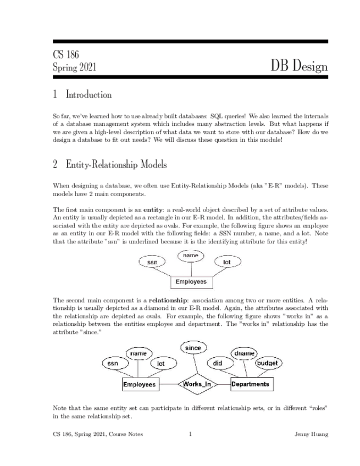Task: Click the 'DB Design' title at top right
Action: [x=299, y=66]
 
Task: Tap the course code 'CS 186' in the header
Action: [x=66, y=55]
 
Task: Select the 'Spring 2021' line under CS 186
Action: [x=75, y=68]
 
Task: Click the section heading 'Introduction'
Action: [x=88, y=95]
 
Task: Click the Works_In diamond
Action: [x=197, y=384]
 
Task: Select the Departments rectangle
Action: [x=251, y=384]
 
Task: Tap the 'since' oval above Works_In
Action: [x=193, y=348]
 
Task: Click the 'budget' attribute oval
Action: [x=269, y=363]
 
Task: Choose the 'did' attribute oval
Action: [x=217, y=363]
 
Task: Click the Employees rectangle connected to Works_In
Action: [x=140, y=385]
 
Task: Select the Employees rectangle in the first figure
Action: [x=191, y=282]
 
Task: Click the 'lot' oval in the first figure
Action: [x=226, y=263]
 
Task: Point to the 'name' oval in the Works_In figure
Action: [x=138, y=354]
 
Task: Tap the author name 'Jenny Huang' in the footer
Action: [x=312, y=434]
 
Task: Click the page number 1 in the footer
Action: [x=190, y=434]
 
